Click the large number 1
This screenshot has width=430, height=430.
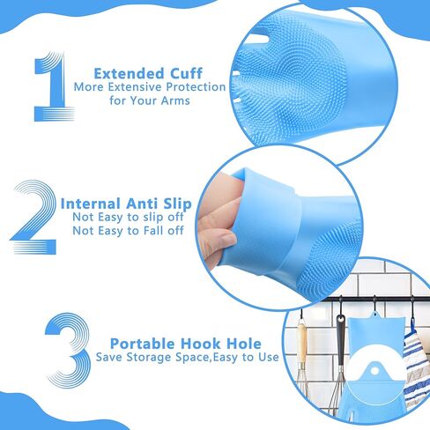(51, 88)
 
